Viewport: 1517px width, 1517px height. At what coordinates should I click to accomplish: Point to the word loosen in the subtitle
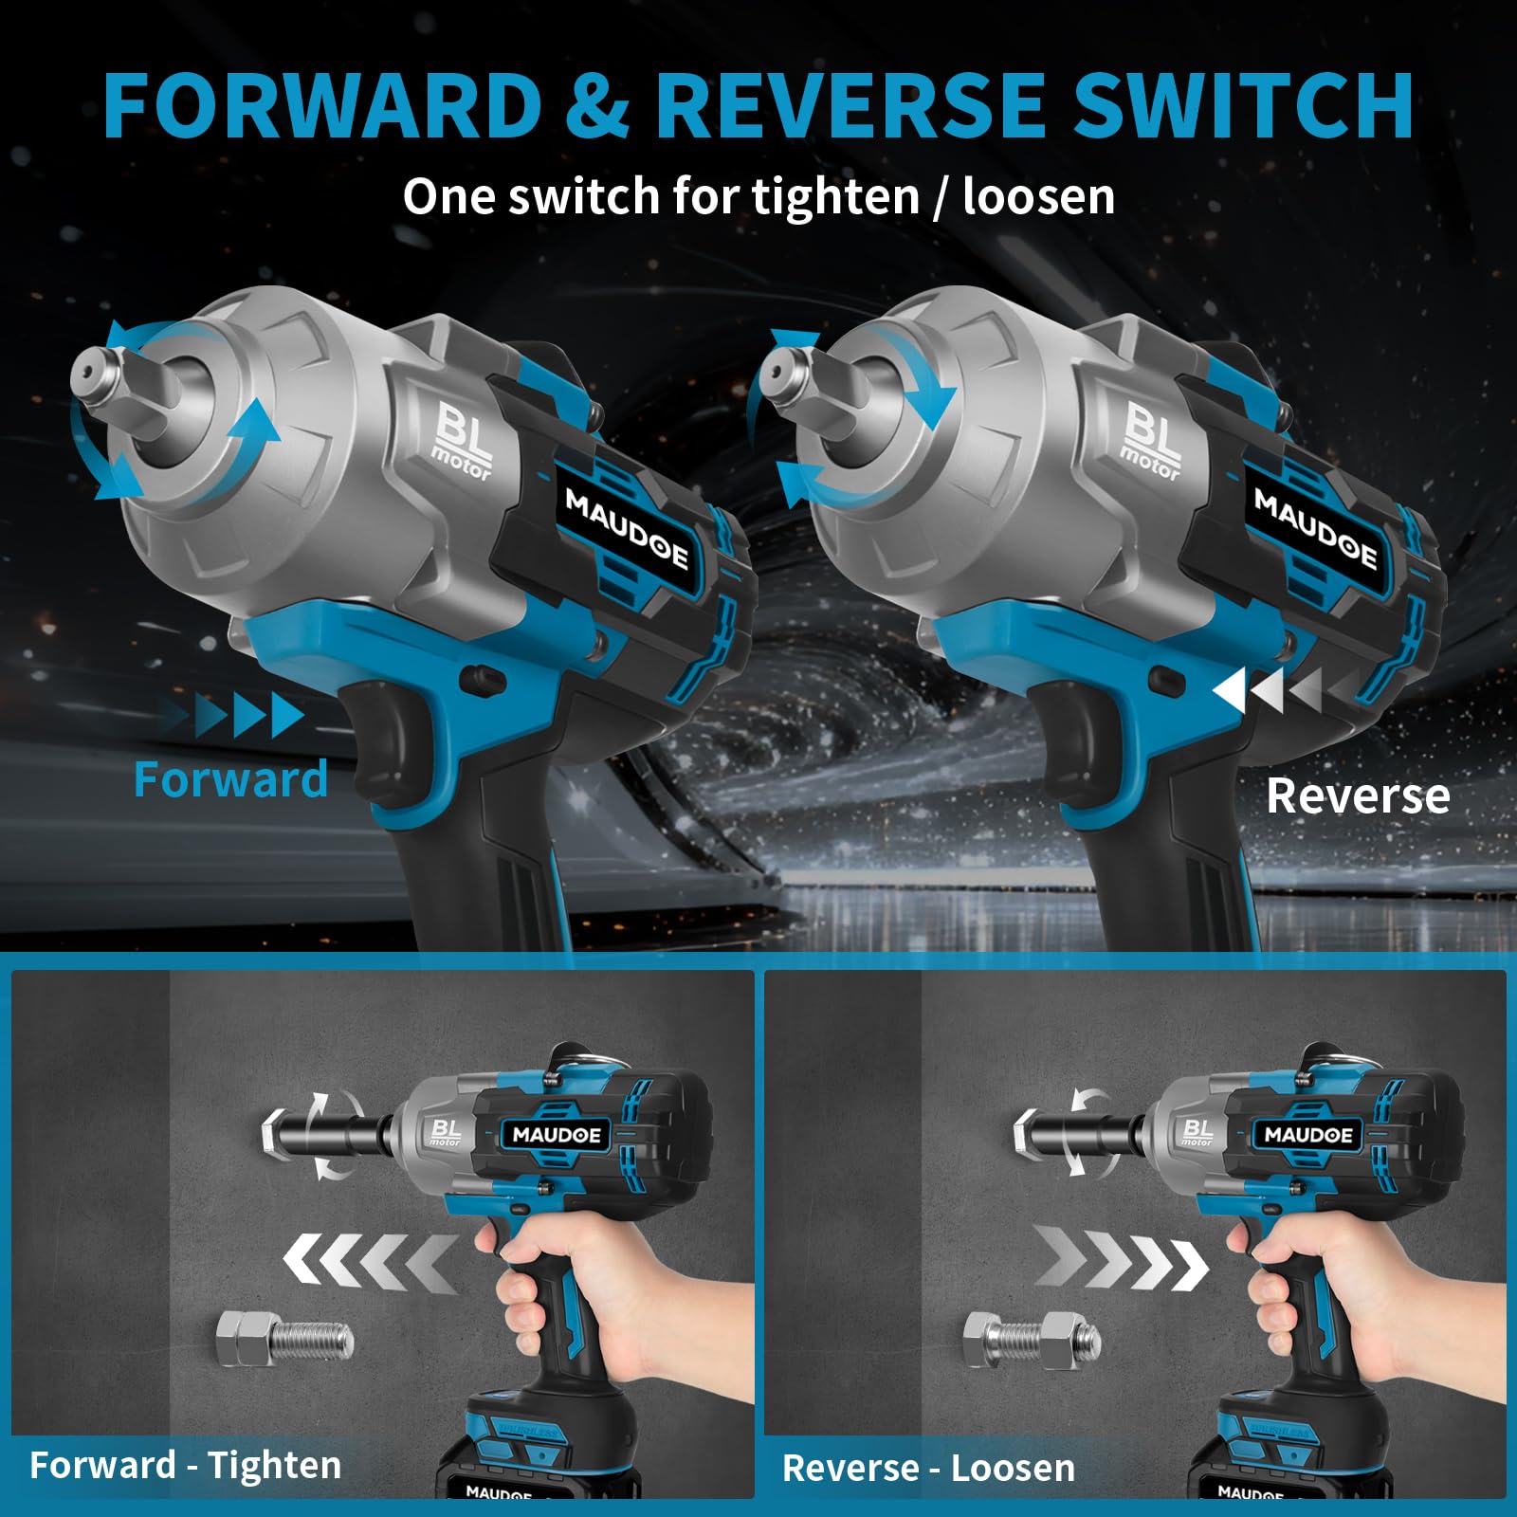(x=1038, y=196)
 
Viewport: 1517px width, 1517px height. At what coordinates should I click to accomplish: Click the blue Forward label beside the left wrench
(x=230, y=779)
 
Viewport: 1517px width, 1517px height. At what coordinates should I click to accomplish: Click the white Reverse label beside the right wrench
(x=1358, y=795)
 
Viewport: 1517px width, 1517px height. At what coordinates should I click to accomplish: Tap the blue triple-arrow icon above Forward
(x=248, y=715)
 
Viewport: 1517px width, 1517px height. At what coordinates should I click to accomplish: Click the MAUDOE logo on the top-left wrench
(x=627, y=529)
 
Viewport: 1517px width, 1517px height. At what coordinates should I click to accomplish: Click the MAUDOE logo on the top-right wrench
(x=1315, y=529)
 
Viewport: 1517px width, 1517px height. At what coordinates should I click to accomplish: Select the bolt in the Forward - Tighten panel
(x=284, y=1338)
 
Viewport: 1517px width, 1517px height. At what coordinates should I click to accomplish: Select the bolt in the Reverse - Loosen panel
(x=1032, y=1338)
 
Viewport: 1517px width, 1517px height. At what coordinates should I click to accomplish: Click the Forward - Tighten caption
(x=186, y=1465)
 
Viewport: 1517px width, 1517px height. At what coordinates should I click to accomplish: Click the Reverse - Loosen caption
(x=928, y=1468)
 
